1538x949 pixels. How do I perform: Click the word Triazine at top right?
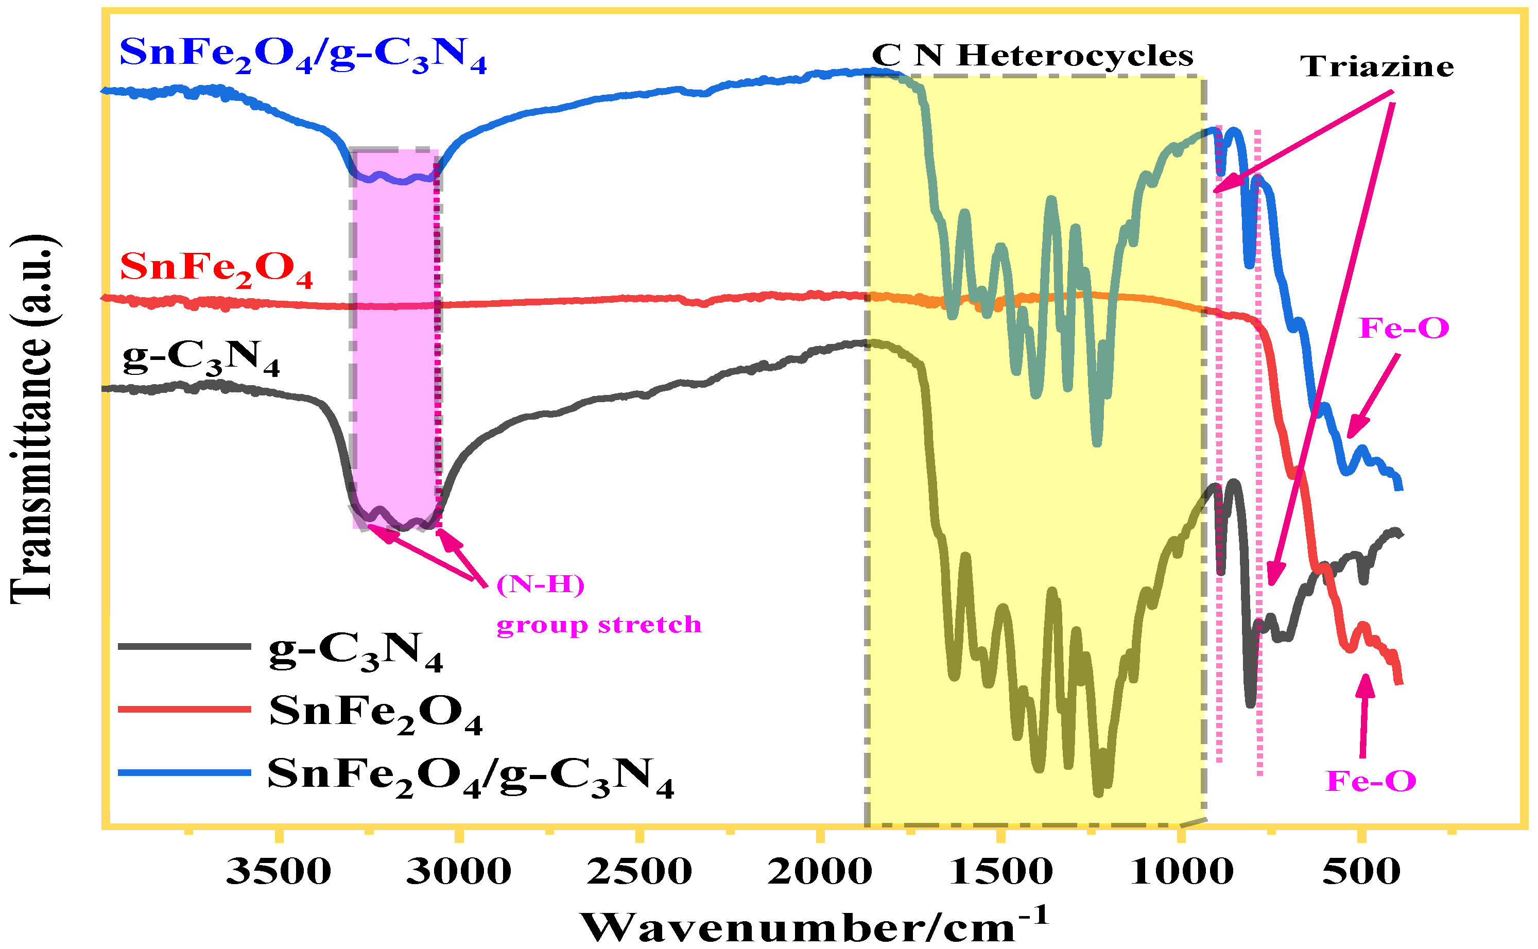pyautogui.click(x=1377, y=66)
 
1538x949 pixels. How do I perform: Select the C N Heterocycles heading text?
pyautogui.click(x=1032, y=56)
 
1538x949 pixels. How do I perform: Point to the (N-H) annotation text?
pyautogui.click(x=540, y=584)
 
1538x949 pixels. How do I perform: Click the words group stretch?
pyautogui.click(x=599, y=625)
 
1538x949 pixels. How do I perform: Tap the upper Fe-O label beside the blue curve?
pyautogui.click(x=1404, y=328)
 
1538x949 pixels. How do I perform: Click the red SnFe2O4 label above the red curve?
pyautogui.click(x=216, y=269)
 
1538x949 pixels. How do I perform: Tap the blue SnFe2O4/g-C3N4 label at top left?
pyautogui.click(x=302, y=55)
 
